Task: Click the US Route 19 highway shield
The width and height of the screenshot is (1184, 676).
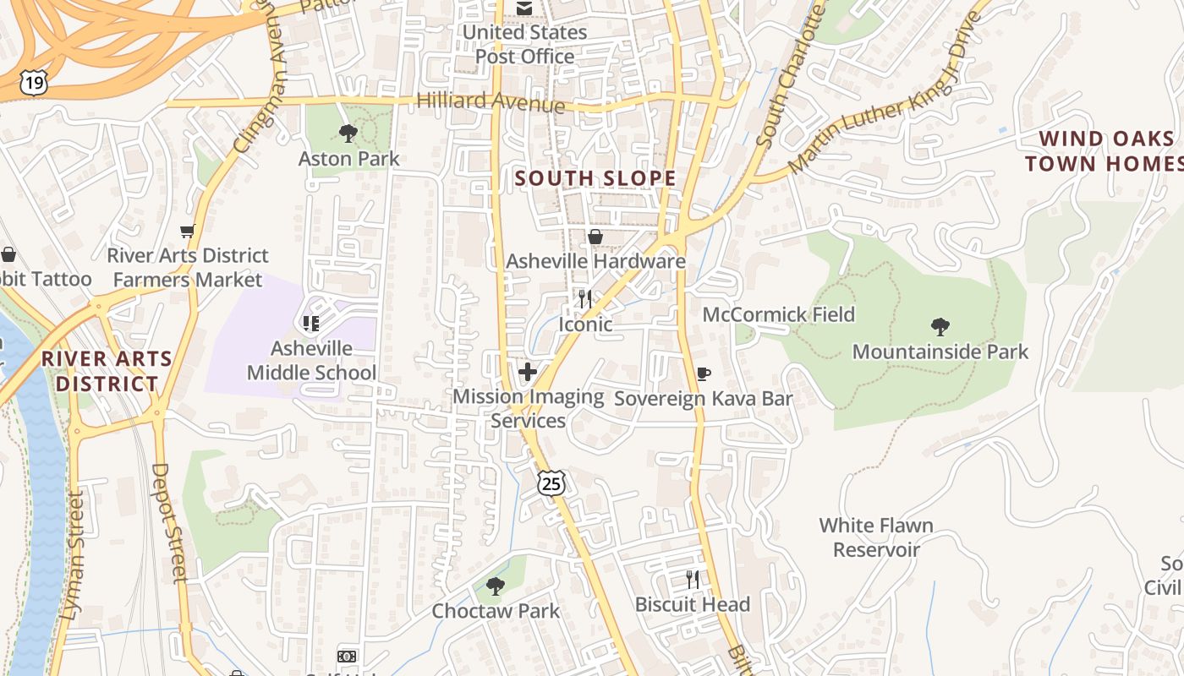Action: click(x=34, y=82)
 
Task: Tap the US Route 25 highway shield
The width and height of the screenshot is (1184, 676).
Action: click(x=551, y=483)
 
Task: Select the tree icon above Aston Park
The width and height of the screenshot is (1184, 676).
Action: click(x=348, y=133)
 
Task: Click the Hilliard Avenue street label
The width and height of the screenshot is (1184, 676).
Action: click(x=491, y=101)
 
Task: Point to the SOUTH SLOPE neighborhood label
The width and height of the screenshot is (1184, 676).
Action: click(x=596, y=178)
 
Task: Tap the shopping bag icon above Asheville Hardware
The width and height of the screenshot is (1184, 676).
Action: click(x=595, y=237)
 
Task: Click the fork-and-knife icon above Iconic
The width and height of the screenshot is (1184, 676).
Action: click(x=584, y=298)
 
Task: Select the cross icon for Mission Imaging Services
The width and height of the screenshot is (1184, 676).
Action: click(x=528, y=372)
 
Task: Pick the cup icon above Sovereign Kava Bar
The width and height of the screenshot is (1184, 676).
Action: click(x=703, y=373)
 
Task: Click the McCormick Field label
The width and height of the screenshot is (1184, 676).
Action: click(x=779, y=314)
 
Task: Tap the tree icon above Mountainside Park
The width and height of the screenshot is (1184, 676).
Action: click(x=940, y=327)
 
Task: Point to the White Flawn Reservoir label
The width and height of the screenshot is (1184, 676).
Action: click(x=876, y=537)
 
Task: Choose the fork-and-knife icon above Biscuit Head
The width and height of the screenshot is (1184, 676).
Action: click(x=693, y=579)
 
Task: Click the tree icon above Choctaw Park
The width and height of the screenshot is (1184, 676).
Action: click(x=496, y=586)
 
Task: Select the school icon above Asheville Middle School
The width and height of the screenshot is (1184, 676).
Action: click(x=310, y=323)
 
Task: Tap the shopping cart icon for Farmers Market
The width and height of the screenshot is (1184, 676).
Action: click(x=188, y=231)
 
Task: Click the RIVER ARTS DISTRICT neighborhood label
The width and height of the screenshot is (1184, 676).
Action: click(x=107, y=371)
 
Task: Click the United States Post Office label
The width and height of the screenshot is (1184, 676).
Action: click(x=524, y=44)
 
